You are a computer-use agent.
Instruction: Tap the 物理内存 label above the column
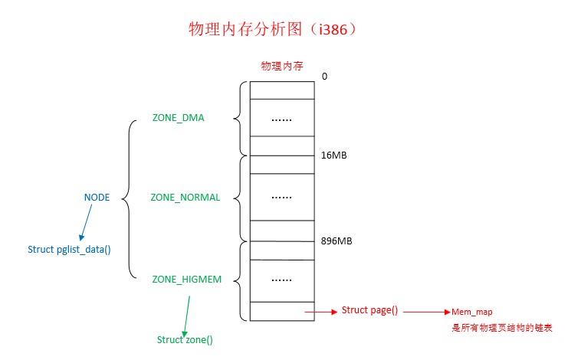(x=281, y=67)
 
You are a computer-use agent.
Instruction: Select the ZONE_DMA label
(x=178, y=118)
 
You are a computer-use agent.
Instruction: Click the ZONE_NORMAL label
(x=185, y=198)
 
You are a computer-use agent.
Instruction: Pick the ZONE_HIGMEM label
(x=186, y=280)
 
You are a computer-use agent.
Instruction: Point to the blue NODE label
(x=97, y=198)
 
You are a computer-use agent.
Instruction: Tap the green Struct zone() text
(x=185, y=339)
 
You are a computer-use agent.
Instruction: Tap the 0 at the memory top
(x=325, y=77)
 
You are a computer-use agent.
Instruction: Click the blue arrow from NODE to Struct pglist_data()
(x=86, y=223)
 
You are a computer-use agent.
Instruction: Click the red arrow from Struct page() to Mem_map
(x=426, y=313)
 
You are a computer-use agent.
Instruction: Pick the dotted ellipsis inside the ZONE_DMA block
(x=281, y=119)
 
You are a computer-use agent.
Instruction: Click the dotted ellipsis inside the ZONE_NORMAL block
(x=281, y=197)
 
